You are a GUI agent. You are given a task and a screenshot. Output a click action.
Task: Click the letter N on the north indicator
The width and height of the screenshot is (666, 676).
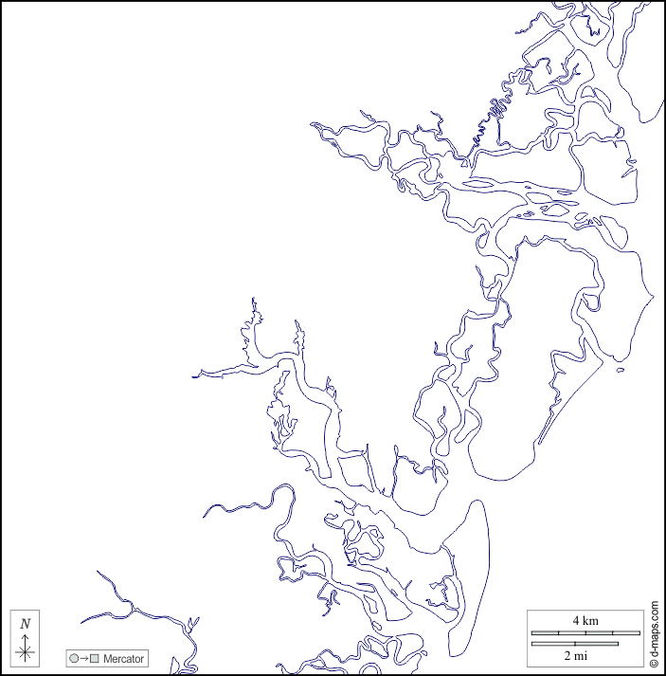pos(26,623)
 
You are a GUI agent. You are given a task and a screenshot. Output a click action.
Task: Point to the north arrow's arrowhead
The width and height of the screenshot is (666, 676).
pos(26,635)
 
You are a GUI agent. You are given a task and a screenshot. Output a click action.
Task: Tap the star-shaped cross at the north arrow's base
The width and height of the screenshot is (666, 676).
pos(26,651)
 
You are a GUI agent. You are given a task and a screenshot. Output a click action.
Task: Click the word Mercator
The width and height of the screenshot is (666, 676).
pos(123,658)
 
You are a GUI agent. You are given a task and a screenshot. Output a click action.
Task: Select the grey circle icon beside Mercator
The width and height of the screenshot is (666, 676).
pos(74,658)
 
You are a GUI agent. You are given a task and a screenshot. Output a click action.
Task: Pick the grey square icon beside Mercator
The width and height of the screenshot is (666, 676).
pos(94,658)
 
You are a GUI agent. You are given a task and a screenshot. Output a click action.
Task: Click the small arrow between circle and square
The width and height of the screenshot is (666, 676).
pos(83,658)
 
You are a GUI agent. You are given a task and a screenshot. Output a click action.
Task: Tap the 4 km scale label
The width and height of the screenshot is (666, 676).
pos(584,620)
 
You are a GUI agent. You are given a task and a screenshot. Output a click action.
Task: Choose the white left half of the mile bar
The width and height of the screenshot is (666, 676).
pos(553,645)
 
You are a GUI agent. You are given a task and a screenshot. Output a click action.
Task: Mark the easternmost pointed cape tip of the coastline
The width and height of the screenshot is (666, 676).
pos(654,297)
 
